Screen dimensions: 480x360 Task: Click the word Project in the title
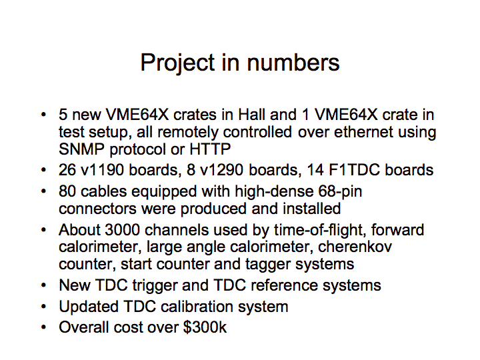tap(177, 64)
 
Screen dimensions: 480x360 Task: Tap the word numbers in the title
tap(293, 63)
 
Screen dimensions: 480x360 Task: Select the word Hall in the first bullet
tap(251, 115)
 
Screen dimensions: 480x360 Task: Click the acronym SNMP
tap(81, 149)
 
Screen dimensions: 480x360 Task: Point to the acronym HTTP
tap(210, 149)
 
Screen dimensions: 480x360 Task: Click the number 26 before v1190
tap(67, 170)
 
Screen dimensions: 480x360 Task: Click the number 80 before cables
tap(67, 191)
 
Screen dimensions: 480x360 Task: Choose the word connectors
tap(97, 209)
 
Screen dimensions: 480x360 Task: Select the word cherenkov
tap(355, 247)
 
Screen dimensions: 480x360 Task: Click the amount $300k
tap(205, 327)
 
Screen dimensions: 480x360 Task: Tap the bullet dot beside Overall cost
tap(43, 327)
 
